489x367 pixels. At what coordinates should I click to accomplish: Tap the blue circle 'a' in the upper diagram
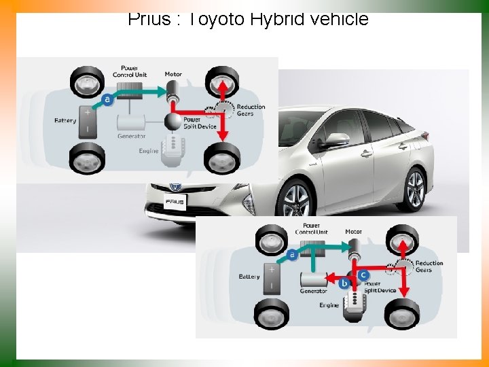107,99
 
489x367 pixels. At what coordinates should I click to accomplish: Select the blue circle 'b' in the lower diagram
344,283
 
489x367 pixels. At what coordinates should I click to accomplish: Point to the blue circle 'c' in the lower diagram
363,275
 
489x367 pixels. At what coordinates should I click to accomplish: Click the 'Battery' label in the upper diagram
65,121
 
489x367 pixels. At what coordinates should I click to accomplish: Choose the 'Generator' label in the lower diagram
313,292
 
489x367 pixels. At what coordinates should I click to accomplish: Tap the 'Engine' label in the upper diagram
149,151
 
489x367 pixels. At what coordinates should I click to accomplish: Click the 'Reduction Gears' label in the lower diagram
429,266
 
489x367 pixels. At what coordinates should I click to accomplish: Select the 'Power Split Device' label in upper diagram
200,122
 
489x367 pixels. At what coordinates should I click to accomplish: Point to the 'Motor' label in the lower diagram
353,232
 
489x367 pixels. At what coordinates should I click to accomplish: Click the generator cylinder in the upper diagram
131,122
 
